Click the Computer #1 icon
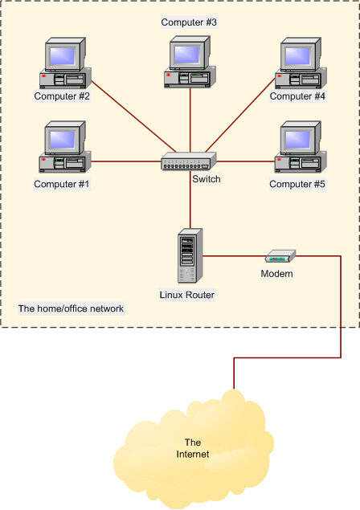[63, 149]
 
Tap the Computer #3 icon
[190, 62]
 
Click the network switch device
[189, 161]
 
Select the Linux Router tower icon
[189, 258]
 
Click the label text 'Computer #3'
[189, 22]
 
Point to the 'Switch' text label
[206, 179]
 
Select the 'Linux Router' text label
[189, 295]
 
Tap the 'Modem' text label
[276, 274]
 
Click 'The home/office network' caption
[71, 308]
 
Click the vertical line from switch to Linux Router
[190, 201]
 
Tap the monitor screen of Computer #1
[63, 138]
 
